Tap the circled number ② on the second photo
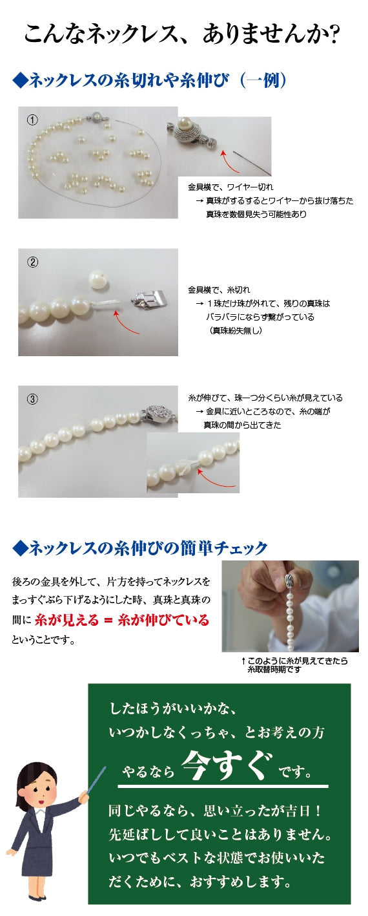point(32,262)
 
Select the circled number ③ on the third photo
point(32,399)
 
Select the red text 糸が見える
point(67,619)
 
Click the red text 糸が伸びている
point(163,619)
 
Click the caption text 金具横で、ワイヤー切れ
point(230,187)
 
